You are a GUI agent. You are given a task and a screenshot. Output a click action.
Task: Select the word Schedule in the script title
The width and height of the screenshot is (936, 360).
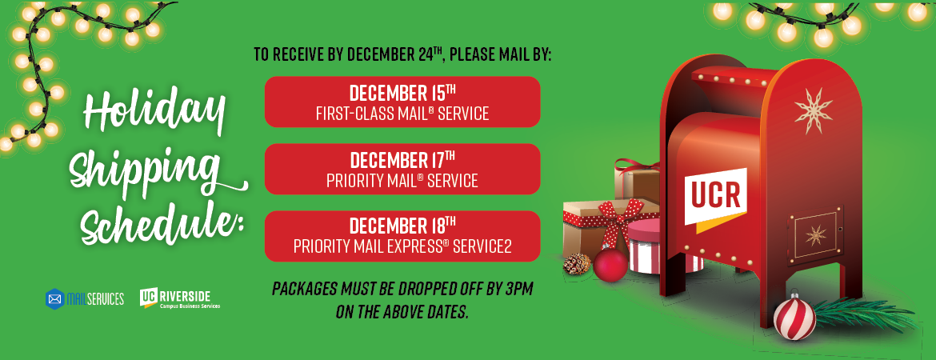click(x=162, y=223)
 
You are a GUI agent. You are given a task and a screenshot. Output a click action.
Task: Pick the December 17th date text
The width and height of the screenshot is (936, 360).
click(x=402, y=160)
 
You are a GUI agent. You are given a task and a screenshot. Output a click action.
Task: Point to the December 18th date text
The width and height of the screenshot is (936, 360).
click(x=402, y=227)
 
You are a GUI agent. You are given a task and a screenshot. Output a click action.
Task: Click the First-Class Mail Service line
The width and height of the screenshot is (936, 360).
click(x=402, y=114)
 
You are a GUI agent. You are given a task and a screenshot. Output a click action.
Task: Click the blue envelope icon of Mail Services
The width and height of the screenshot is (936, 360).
click(x=55, y=298)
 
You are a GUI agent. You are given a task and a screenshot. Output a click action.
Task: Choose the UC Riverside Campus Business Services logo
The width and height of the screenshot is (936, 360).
click(x=180, y=298)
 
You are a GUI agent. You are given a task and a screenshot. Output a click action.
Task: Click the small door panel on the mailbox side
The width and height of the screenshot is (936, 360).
click(x=816, y=234)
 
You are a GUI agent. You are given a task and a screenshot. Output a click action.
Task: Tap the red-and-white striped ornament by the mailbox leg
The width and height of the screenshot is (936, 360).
click(x=794, y=318)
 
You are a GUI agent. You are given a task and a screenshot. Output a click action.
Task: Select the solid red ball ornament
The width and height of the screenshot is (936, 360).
click(x=610, y=266)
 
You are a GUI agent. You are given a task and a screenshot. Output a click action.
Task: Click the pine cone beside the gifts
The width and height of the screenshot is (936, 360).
click(x=577, y=263)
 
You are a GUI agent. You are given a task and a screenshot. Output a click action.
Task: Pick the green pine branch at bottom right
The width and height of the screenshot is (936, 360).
click(x=866, y=315)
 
